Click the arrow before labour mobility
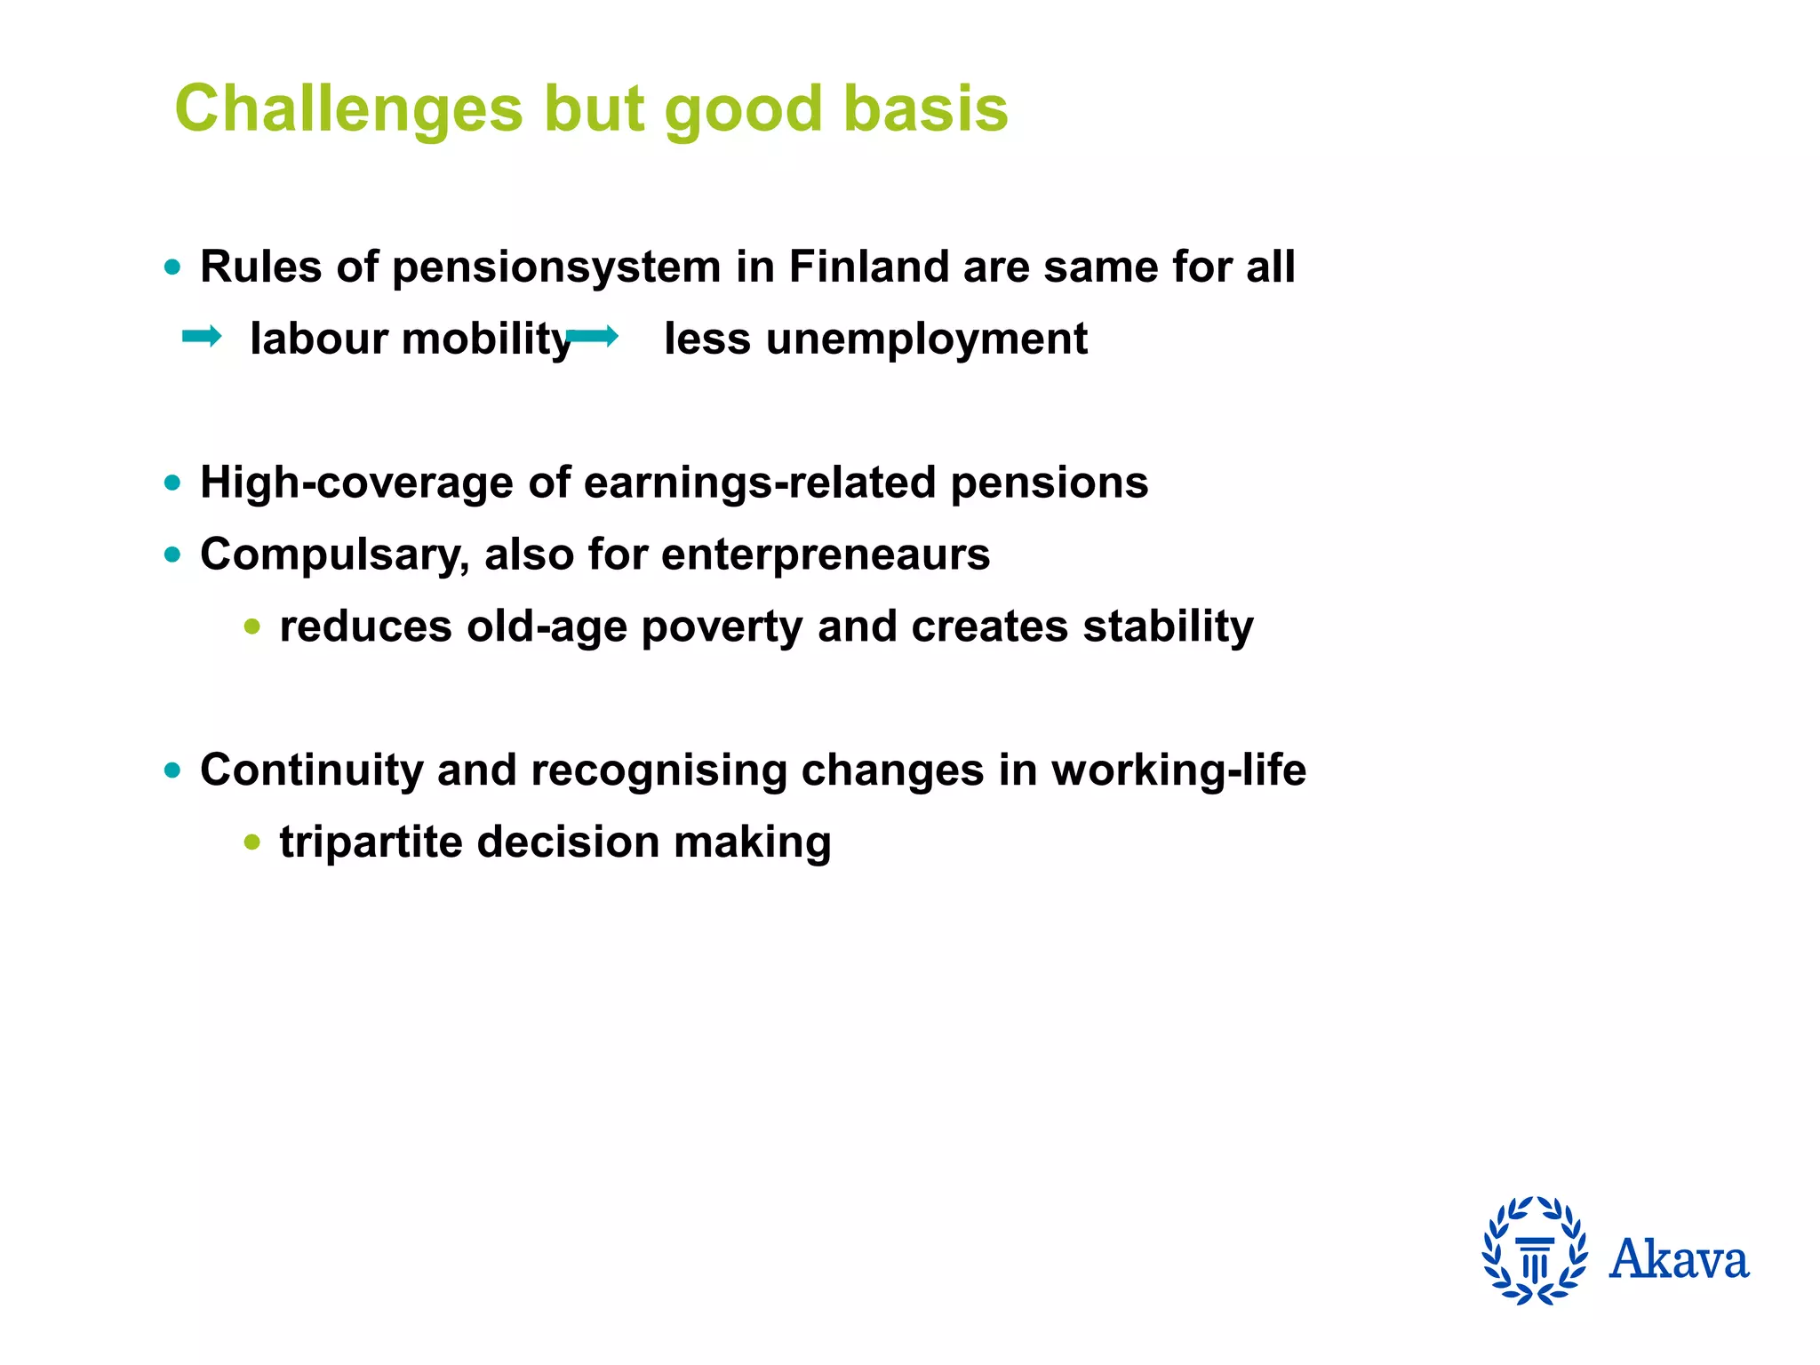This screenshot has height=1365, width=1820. [x=202, y=337]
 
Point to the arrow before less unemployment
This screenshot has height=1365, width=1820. [x=593, y=337]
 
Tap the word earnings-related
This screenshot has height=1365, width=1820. [x=760, y=483]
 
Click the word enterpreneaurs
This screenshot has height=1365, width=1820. [x=826, y=555]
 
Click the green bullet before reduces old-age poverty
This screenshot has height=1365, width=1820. [x=252, y=627]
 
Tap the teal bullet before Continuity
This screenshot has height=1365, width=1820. [x=172, y=770]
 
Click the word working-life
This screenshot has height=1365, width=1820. [x=1178, y=770]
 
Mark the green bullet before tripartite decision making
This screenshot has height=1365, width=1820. [x=252, y=842]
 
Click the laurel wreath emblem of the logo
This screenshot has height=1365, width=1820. [x=1535, y=1250]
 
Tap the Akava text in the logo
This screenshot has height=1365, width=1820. [x=1679, y=1259]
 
